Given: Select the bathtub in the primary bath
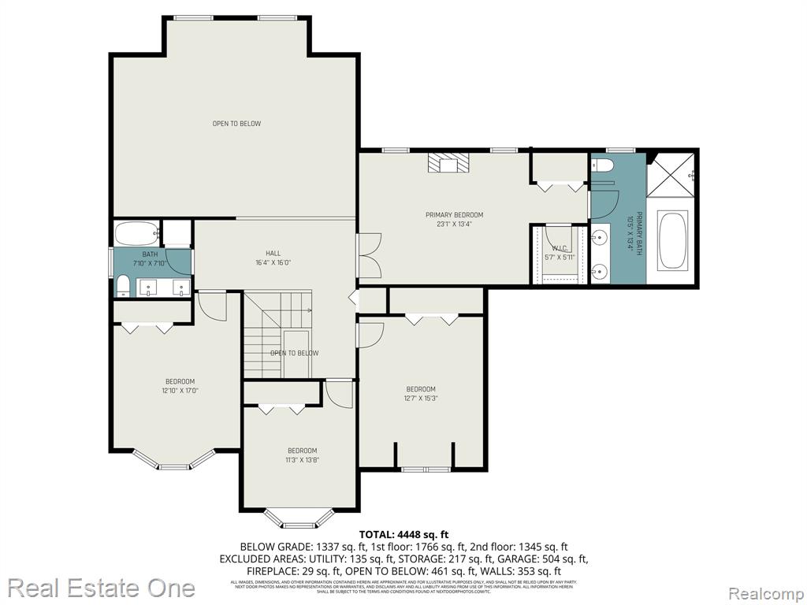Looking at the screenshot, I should point(671,239).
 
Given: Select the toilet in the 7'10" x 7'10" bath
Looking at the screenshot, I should point(124,284).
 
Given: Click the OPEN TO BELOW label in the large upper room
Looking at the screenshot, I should point(236,124).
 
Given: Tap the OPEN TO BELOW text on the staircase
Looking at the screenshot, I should point(294,353).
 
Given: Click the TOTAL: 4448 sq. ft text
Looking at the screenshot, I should point(403,534).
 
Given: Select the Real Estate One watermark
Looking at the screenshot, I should point(102,588).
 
